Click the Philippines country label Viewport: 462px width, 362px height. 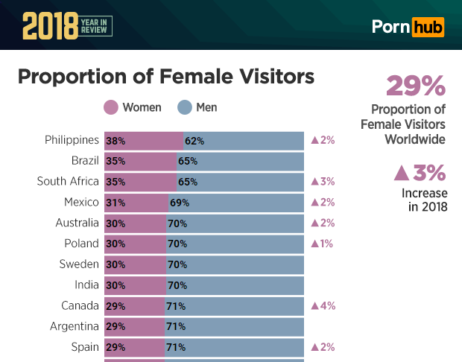(x=72, y=140)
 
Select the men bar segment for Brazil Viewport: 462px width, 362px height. (x=240, y=161)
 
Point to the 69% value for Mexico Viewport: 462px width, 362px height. (x=180, y=203)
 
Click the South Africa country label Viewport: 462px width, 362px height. (x=68, y=182)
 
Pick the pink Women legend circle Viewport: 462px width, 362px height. (x=111, y=108)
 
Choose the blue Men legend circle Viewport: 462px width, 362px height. (x=185, y=108)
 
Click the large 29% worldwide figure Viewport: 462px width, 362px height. (x=415, y=86)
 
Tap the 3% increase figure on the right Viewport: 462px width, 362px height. (x=420, y=173)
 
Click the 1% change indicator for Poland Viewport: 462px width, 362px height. (x=322, y=244)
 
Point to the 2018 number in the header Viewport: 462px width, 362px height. (x=49, y=26)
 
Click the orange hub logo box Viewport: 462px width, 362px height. (x=428, y=28)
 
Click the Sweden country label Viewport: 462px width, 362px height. (x=79, y=264)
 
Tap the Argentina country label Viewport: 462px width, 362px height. (x=75, y=326)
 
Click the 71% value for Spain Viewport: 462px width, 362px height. (x=176, y=347)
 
